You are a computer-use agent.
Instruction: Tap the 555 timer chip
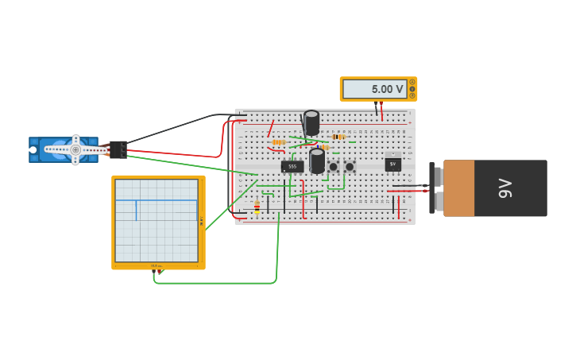coord(292,166)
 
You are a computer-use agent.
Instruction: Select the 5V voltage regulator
coord(392,164)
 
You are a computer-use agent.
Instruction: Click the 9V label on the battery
coord(504,188)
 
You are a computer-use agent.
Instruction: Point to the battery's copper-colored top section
coord(458,188)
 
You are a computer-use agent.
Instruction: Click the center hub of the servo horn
coord(75,149)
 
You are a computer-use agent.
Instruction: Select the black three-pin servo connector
coord(118,149)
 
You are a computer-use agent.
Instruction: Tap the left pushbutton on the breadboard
coord(333,167)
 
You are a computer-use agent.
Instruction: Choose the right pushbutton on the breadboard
coord(350,167)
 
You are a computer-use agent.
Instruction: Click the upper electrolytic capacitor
coord(311,122)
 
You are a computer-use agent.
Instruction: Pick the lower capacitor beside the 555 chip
coord(317,161)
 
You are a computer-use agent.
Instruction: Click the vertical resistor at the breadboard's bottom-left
coord(257,207)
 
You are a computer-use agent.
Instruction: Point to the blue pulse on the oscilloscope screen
coord(136,210)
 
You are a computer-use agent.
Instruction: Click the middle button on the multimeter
coord(412,89)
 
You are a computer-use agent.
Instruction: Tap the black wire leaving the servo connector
coord(175,127)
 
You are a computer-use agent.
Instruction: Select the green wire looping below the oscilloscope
coord(215,282)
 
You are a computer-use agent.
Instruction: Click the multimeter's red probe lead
coord(381,110)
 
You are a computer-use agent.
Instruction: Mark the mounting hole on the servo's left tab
coord(33,149)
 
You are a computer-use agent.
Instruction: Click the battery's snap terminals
coord(433,189)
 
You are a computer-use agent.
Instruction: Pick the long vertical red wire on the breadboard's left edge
coord(232,167)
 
